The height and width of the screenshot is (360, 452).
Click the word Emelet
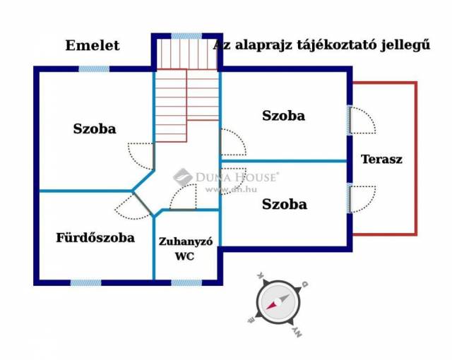click(x=93, y=46)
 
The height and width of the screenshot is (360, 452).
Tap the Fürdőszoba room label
click(x=95, y=238)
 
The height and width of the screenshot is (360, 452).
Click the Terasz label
click(x=381, y=160)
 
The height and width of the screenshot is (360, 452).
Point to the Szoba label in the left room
click(x=95, y=129)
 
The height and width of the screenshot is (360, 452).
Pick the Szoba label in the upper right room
click(x=283, y=116)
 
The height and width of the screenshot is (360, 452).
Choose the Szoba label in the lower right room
click(x=285, y=205)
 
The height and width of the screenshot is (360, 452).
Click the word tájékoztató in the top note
click(x=330, y=46)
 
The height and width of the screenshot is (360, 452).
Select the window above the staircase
click(x=186, y=36)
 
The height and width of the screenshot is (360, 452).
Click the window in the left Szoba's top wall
click(x=94, y=69)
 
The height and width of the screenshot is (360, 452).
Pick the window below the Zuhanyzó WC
click(x=186, y=282)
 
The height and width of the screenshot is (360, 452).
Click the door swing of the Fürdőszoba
click(x=131, y=206)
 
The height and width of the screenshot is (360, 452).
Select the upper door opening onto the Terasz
click(x=362, y=120)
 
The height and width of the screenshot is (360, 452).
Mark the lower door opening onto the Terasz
click(x=362, y=198)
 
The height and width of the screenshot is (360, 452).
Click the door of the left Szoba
click(x=141, y=154)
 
